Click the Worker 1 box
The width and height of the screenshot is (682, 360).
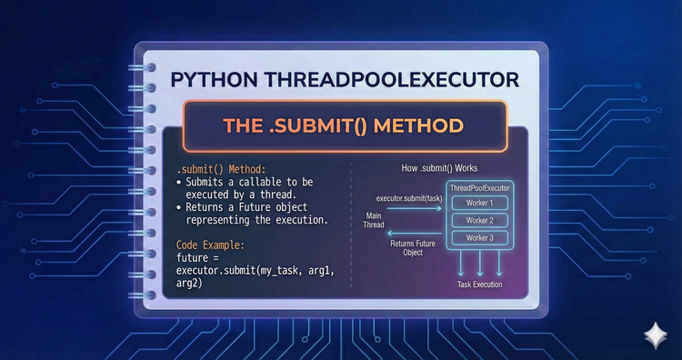pyautogui.click(x=479, y=203)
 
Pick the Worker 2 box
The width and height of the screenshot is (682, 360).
pyautogui.click(x=479, y=220)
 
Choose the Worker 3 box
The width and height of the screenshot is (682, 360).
pyautogui.click(x=479, y=237)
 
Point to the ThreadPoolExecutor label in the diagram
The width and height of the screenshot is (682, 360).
pyautogui.click(x=479, y=186)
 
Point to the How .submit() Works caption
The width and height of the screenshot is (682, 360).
pyautogui.click(x=440, y=169)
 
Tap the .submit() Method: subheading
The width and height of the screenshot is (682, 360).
pyautogui.click(x=218, y=170)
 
